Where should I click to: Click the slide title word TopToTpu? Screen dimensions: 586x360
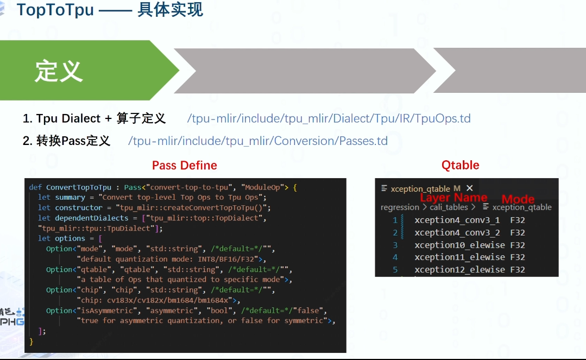pyautogui.click(x=55, y=10)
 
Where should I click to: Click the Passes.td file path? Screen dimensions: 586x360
pyautogui.click(x=258, y=141)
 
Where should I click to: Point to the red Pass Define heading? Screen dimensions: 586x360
pyautogui.click(x=184, y=166)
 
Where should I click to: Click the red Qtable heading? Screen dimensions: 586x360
pyautogui.click(x=460, y=166)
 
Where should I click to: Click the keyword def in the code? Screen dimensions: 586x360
pyautogui.click(x=35, y=187)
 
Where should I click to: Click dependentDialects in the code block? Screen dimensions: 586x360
pyautogui.click(x=91, y=218)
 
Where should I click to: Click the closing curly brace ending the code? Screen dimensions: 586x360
pyautogui.click(x=31, y=342)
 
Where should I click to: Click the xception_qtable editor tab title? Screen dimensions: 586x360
pyautogui.click(x=420, y=189)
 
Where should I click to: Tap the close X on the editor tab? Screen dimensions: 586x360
pyautogui.click(x=470, y=188)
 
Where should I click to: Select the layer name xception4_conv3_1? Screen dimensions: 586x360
pyautogui.click(x=457, y=220)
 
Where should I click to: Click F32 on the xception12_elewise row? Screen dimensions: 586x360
pyautogui.click(x=518, y=270)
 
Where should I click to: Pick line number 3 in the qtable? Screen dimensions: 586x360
pyautogui.click(x=395, y=245)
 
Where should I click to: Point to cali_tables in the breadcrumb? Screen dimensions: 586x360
pyautogui.click(x=449, y=207)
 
